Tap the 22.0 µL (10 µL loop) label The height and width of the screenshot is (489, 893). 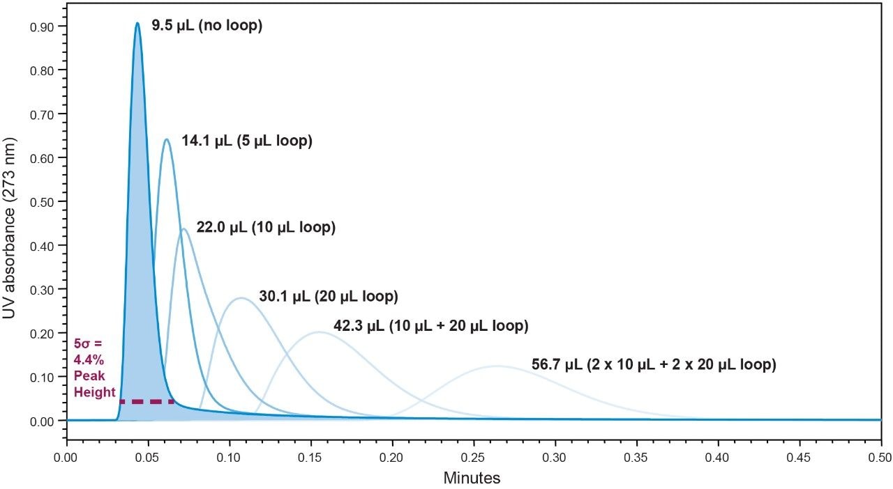point(266,228)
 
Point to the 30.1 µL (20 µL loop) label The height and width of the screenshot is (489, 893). point(328,296)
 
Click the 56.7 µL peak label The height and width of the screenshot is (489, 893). point(654,364)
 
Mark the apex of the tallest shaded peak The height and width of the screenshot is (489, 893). point(137,23)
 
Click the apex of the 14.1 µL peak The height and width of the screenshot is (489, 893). point(166,139)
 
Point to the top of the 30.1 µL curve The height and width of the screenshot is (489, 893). point(241,298)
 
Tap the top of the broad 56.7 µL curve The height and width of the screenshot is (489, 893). point(497,366)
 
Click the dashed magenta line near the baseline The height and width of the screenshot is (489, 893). point(147,402)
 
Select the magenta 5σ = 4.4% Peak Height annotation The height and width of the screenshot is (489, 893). point(94,368)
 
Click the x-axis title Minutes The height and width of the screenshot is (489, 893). point(472,479)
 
